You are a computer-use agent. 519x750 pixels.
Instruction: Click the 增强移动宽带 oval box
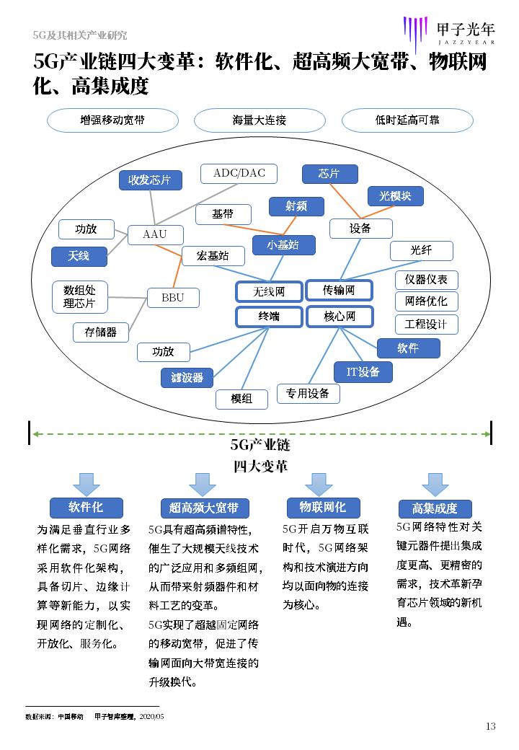point(112,120)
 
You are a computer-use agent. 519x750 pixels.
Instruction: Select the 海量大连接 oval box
point(259,120)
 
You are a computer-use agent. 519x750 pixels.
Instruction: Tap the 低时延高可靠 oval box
point(407,120)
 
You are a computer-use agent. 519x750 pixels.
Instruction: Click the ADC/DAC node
point(239,173)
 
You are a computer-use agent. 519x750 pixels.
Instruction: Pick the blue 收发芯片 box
point(150,180)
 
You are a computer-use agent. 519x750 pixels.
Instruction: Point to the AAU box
point(155,234)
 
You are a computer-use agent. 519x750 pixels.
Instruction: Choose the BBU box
point(173,297)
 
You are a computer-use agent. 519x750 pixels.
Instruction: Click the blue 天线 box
point(79,255)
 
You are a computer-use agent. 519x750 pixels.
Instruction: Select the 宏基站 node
point(214,255)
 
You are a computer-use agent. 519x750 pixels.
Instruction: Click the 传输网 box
point(339,290)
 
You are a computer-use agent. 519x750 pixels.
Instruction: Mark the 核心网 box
point(339,316)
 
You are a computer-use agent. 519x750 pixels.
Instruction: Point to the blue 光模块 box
point(395,195)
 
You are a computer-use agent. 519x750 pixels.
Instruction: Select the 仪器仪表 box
point(426,280)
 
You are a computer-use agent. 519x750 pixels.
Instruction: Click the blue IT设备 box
point(363,372)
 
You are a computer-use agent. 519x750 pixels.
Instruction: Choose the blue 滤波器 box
point(187,377)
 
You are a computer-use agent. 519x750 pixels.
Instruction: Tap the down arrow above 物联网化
point(317,484)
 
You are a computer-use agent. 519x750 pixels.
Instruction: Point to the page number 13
point(491,726)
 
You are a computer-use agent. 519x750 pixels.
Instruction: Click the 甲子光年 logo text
point(466,29)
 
